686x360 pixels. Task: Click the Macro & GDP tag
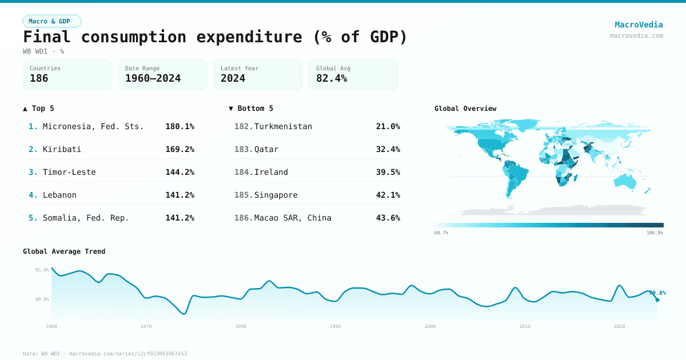(x=52, y=21)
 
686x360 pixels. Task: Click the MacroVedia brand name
(x=639, y=25)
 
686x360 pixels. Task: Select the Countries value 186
(x=39, y=78)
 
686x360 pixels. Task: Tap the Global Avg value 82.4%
(x=332, y=78)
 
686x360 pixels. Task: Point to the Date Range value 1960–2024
(x=153, y=78)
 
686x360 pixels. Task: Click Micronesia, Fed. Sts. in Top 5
(x=93, y=126)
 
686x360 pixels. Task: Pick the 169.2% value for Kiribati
(x=180, y=149)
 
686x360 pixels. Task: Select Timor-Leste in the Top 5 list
(x=69, y=172)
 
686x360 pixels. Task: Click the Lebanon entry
(x=59, y=195)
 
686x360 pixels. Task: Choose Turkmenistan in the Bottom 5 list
(x=283, y=126)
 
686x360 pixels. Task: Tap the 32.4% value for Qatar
(x=388, y=149)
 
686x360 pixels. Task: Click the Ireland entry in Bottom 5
(x=271, y=172)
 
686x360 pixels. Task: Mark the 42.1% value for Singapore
(x=388, y=195)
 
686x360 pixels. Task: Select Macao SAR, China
(x=293, y=218)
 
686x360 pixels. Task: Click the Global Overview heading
(x=465, y=109)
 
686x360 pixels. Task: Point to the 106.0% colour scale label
(x=654, y=233)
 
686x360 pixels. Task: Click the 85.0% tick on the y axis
(x=42, y=270)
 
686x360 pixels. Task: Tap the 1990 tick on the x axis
(x=336, y=326)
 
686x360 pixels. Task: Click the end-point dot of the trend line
(x=657, y=300)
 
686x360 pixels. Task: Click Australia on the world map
(x=624, y=181)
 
